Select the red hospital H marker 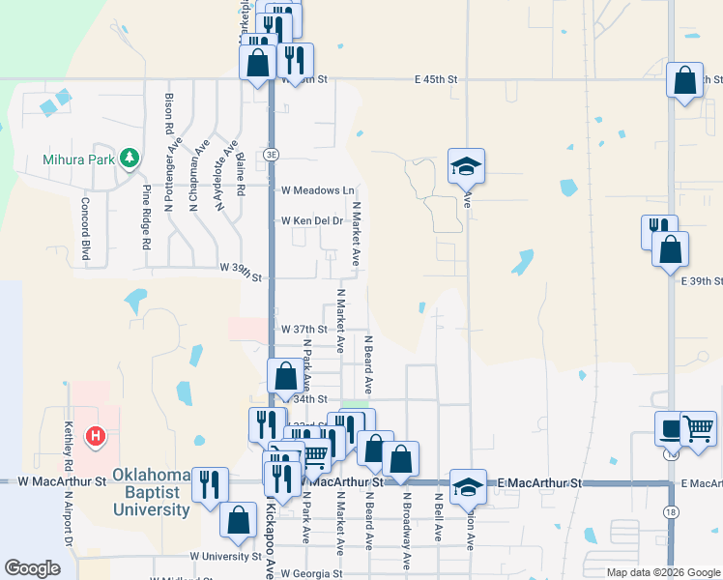(x=95, y=437)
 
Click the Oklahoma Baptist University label (x=152, y=492)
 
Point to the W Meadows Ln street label (x=318, y=190)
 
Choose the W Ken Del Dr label (x=312, y=221)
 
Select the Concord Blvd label (x=85, y=229)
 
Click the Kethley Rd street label (x=69, y=439)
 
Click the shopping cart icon (x=699, y=428)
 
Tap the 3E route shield (x=272, y=154)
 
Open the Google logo (x=32, y=568)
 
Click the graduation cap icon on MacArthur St (x=468, y=486)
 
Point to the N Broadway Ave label (x=407, y=529)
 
